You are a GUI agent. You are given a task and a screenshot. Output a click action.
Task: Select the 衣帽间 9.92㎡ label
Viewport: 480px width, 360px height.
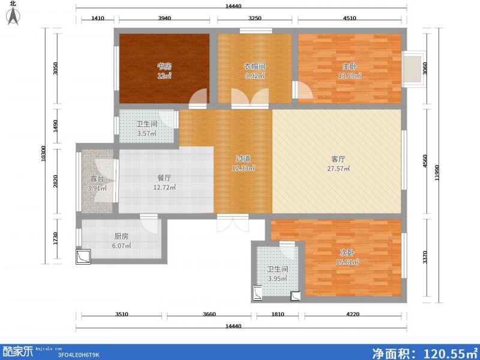(x=254, y=71)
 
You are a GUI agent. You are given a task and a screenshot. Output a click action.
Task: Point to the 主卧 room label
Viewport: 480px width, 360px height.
(x=350, y=71)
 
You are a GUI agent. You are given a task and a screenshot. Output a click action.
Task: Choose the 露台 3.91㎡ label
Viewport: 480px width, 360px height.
(x=97, y=183)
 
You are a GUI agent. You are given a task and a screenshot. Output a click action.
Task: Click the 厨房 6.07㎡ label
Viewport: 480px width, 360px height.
(x=121, y=241)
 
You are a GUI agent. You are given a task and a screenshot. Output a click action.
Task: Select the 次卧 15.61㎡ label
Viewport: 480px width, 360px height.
(x=347, y=257)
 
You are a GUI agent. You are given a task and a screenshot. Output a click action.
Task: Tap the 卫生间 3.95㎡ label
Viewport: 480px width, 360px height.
(x=278, y=274)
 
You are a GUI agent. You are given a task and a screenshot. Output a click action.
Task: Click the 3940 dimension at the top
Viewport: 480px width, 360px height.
(x=164, y=19)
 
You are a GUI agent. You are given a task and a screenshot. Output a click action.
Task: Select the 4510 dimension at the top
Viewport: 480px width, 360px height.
(x=350, y=19)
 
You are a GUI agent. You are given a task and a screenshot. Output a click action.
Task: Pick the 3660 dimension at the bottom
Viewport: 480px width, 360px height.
(x=209, y=314)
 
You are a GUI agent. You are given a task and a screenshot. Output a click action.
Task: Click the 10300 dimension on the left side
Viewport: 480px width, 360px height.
(x=43, y=156)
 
